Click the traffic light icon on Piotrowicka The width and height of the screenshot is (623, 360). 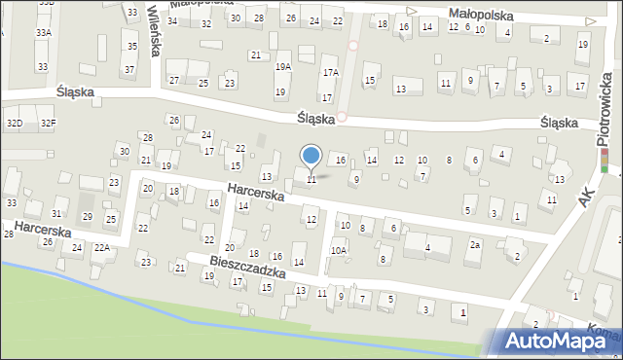(x=604, y=161)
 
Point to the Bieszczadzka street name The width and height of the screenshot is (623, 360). (x=247, y=267)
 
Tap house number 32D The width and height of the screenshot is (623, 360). (x=15, y=123)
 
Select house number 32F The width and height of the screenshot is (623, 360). (x=48, y=123)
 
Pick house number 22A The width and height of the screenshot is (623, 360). (x=101, y=248)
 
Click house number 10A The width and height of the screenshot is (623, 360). (x=338, y=250)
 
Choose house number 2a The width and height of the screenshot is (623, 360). (x=475, y=245)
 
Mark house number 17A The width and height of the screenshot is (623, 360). (x=331, y=73)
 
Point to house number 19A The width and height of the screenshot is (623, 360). (x=282, y=67)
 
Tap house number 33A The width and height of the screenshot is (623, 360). (x=43, y=32)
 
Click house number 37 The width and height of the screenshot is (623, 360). (x=128, y=70)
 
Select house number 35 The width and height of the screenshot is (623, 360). (x=131, y=47)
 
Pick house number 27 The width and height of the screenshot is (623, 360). (x=174, y=81)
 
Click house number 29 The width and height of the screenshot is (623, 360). (x=87, y=216)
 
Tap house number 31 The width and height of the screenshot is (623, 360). (x=57, y=213)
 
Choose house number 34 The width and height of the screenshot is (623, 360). (x=172, y=20)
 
